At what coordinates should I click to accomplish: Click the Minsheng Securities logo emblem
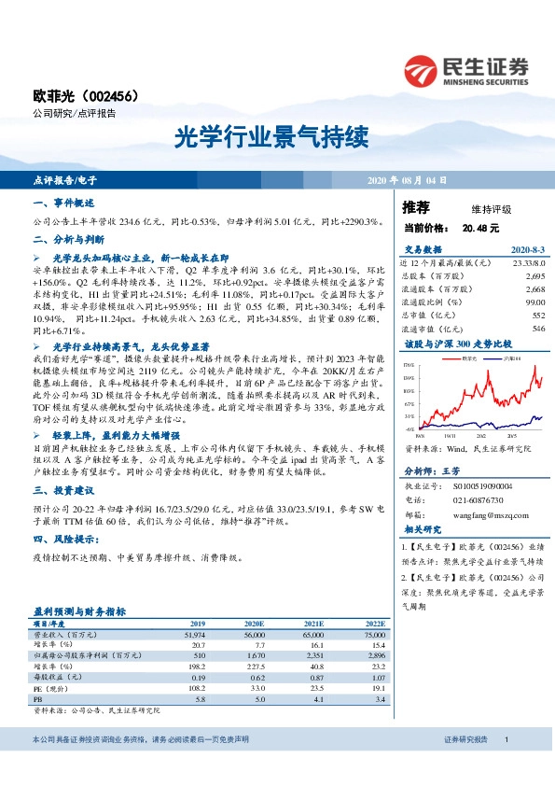[x=422, y=70]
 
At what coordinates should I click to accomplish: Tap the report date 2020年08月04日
[x=407, y=178]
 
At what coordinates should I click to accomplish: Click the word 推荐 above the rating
[x=416, y=206]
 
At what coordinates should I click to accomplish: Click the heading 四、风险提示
[x=65, y=540]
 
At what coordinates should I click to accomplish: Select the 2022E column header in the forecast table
[x=373, y=623]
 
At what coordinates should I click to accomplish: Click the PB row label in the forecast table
[x=37, y=698]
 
